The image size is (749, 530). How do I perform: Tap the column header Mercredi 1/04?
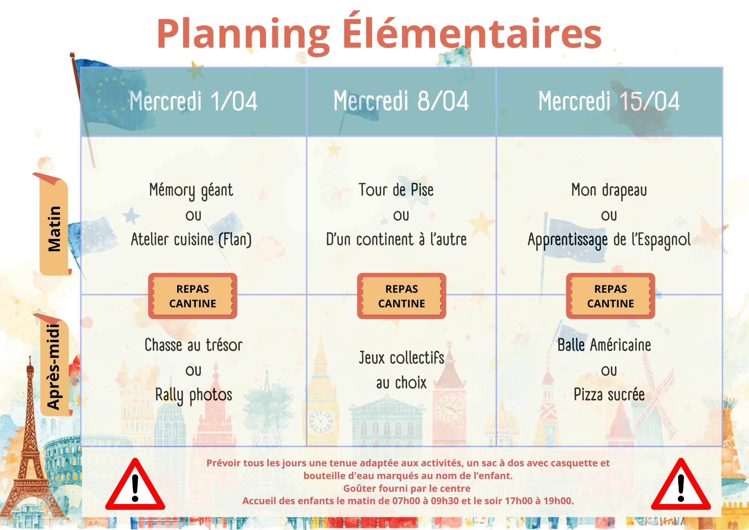click(x=194, y=101)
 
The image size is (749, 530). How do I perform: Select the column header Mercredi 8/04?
click(x=401, y=101)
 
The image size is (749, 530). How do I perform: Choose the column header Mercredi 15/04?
click(x=609, y=101)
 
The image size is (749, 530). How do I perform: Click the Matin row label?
click(x=54, y=229)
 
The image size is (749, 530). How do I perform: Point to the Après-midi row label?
click(x=54, y=367)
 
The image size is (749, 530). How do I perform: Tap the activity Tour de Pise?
click(x=396, y=190)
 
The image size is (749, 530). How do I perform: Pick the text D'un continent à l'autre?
click(x=397, y=239)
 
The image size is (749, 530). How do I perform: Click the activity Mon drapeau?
click(x=609, y=190)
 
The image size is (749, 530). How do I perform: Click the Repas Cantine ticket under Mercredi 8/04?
click(x=401, y=296)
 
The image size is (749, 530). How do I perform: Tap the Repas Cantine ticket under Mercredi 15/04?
click(x=610, y=296)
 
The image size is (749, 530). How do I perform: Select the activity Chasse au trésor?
click(x=194, y=345)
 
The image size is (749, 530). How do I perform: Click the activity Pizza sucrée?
click(x=609, y=395)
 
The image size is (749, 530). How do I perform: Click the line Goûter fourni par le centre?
click(x=407, y=488)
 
